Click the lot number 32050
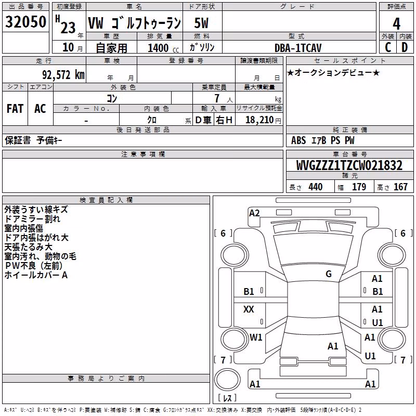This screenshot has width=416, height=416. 25,22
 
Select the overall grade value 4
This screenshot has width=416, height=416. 396,24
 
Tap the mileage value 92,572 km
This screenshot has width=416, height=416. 63,75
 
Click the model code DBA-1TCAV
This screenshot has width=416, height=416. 298,48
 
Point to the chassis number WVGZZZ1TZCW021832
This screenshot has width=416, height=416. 349,165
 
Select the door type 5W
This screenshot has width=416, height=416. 201,23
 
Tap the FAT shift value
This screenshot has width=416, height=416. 15,109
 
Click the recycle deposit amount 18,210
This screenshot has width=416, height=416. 259,120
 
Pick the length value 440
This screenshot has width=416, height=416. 316,187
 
